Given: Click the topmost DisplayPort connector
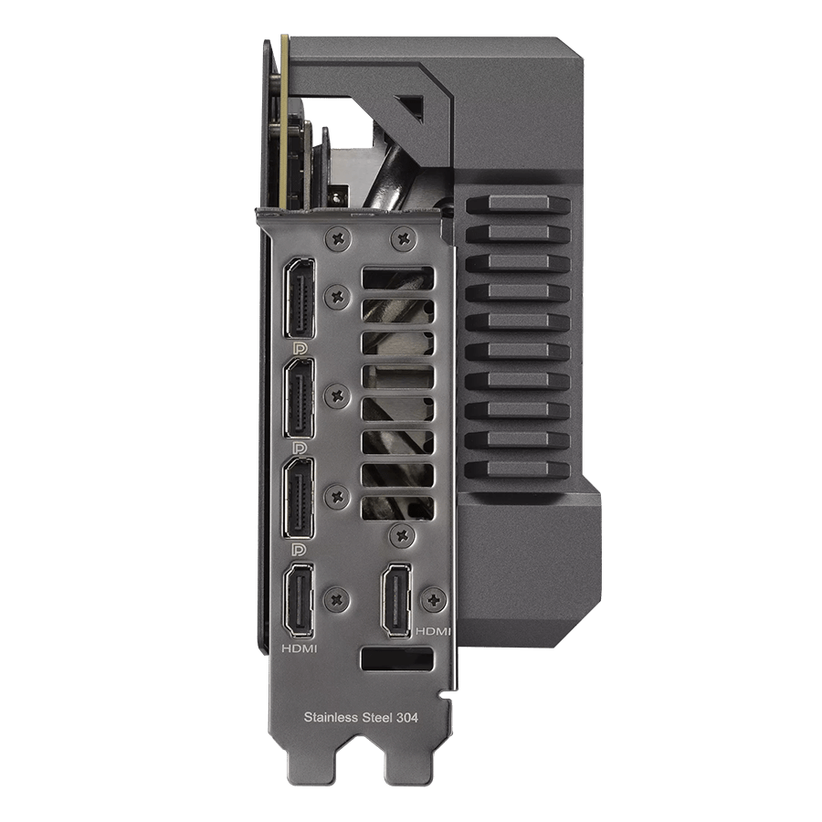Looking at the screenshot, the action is click(x=300, y=298).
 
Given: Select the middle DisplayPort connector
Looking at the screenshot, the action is click(x=300, y=398).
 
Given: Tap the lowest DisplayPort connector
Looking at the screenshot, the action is click(x=300, y=498).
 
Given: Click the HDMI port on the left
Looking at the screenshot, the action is click(x=299, y=601).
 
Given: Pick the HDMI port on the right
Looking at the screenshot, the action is click(x=397, y=601).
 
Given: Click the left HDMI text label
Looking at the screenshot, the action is click(x=300, y=649).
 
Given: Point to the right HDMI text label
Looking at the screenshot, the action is click(x=433, y=632).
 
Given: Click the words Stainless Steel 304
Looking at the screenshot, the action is click(x=361, y=717).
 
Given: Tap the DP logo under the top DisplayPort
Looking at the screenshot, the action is click(x=300, y=348).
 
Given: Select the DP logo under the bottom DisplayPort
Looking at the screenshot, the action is click(x=299, y=549).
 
